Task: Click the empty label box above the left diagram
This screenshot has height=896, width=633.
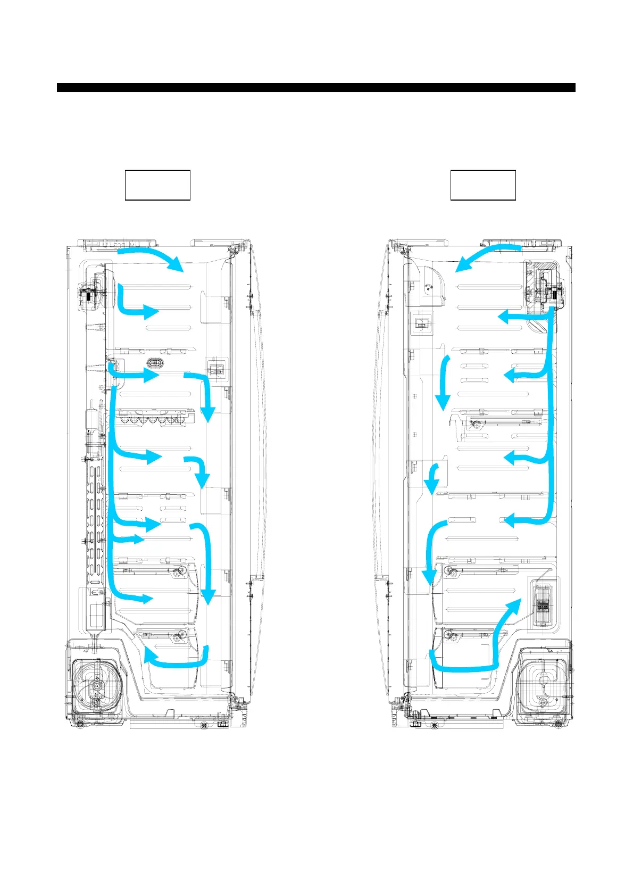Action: (157, 185)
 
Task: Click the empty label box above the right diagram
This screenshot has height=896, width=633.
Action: (483, 185)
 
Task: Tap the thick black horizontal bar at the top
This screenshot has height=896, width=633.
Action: (316, 88)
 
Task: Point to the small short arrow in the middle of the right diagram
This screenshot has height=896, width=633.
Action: (433, 477)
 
